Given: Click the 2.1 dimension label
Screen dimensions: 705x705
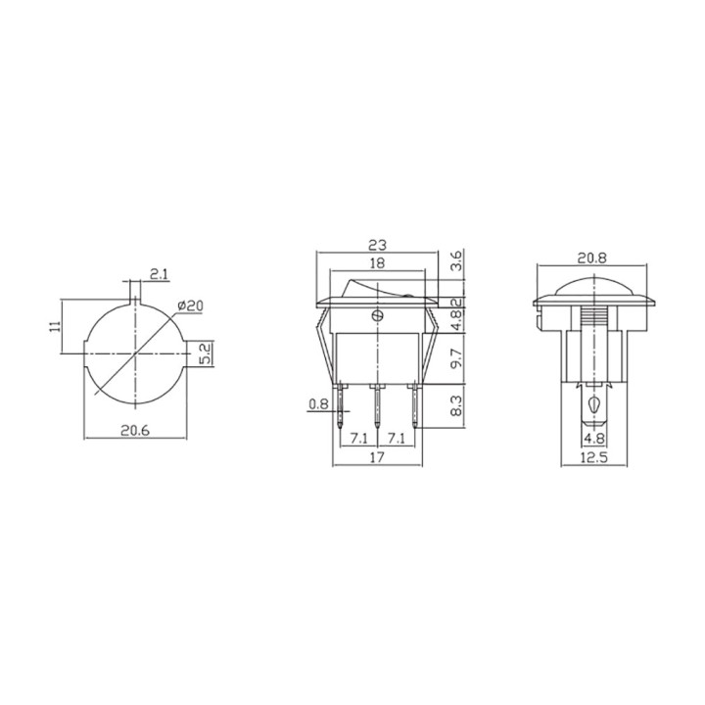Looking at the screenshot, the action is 160,274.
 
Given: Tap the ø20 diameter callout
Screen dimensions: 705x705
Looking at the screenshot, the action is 190,305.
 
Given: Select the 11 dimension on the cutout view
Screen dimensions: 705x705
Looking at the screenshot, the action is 55,326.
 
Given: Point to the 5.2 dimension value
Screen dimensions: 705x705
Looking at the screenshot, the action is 205,353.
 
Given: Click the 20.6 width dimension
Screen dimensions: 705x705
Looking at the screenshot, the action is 135,430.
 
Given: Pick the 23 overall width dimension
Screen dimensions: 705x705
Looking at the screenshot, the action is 377,245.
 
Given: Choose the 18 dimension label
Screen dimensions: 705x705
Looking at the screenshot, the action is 377,263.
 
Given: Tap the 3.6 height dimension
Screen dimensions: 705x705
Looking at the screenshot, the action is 456,260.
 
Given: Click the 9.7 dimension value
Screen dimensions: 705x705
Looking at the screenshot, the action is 456,358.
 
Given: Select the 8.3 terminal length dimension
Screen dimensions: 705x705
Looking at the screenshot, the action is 456,405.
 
